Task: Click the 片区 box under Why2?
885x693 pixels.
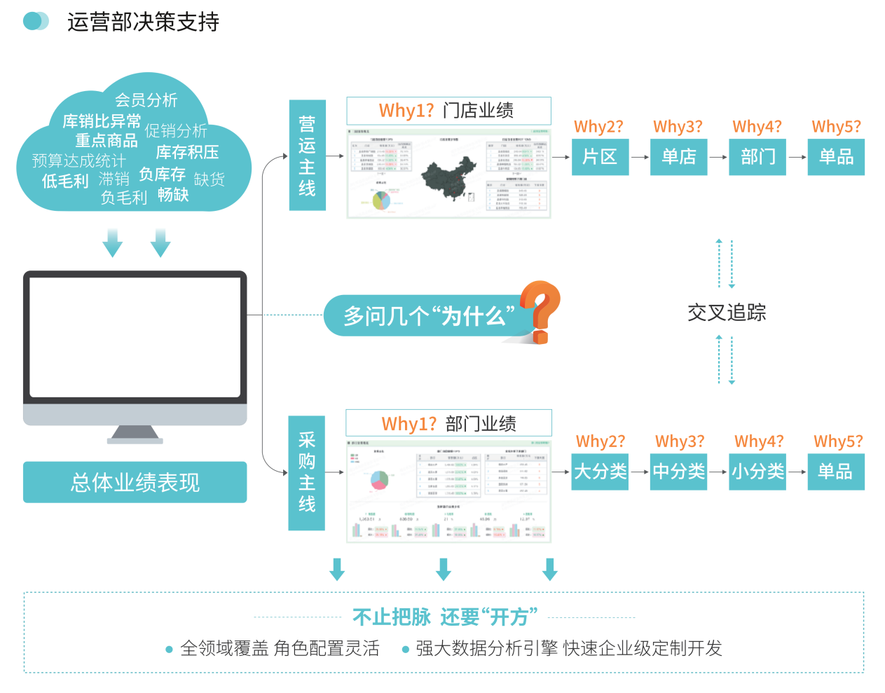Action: point(600,157)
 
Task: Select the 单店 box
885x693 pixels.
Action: point(678,157)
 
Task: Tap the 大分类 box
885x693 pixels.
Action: point(600,472)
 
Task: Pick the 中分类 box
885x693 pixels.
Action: point(678,472)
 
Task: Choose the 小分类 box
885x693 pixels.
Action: point(757,472)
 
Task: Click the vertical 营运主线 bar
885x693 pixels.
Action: point(307,156)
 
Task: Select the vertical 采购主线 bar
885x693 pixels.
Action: point(307,472)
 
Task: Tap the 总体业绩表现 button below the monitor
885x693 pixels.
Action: point(135,482)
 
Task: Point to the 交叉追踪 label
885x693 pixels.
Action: point(727,313)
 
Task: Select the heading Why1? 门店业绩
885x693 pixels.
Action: point(448,111)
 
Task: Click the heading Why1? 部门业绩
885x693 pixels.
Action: point(448,423)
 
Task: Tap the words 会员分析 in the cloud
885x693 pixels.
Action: point(146,100)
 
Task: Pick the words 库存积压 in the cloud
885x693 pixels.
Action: point(187,152)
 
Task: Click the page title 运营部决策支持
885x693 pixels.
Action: point(143,22)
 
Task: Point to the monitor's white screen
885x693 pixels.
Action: point(135,337)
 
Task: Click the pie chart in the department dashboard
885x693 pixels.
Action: point(379,480)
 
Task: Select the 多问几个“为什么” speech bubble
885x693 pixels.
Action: point(427,316)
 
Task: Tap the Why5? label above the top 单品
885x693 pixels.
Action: point(836,127)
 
